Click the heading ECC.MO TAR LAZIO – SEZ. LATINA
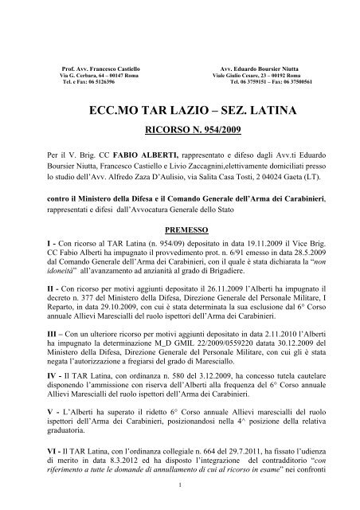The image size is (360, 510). (x=179, y=112)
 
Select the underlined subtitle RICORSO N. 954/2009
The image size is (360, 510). (x=179, y=128)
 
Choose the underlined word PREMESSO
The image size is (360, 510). (x=179, y=226)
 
